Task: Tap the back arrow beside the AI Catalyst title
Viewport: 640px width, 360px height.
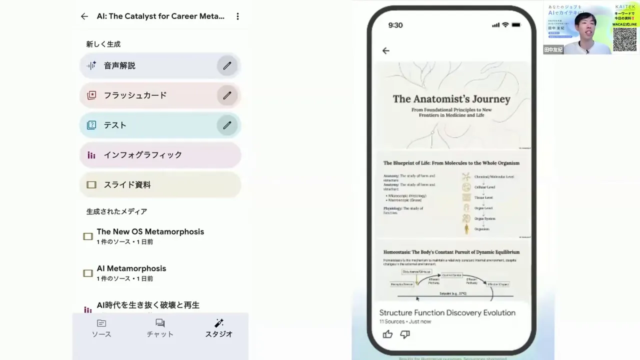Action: point(84,16)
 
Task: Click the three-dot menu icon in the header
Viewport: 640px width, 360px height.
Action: point(237,16)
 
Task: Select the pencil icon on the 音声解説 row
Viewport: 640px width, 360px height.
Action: point(227,65)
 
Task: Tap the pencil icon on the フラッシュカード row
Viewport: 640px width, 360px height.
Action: point(227,95)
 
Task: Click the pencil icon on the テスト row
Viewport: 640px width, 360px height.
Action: point(227,125)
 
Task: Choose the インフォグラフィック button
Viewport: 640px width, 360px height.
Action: point(160,155)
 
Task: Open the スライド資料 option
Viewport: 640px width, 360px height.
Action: point(160,184)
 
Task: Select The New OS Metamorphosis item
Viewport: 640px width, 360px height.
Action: point(150,236)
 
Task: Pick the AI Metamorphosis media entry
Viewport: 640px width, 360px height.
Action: point(131,273)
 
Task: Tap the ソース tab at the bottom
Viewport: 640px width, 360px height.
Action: point(101,328)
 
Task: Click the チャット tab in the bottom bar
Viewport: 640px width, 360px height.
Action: point(160,328)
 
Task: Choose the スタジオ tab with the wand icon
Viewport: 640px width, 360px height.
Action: point(219,328)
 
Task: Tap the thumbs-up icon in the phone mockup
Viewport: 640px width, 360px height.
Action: point(387,334)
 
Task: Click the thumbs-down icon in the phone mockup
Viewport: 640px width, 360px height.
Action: point(405,334)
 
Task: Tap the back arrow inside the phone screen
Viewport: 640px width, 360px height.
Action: point(385,50)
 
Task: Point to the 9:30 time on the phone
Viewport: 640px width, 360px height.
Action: point(395,25)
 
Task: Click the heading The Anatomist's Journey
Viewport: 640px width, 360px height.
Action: point(451,99)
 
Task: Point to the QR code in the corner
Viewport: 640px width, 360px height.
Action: point(624,39)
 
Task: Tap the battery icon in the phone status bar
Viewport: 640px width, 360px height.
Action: point(516,25)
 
